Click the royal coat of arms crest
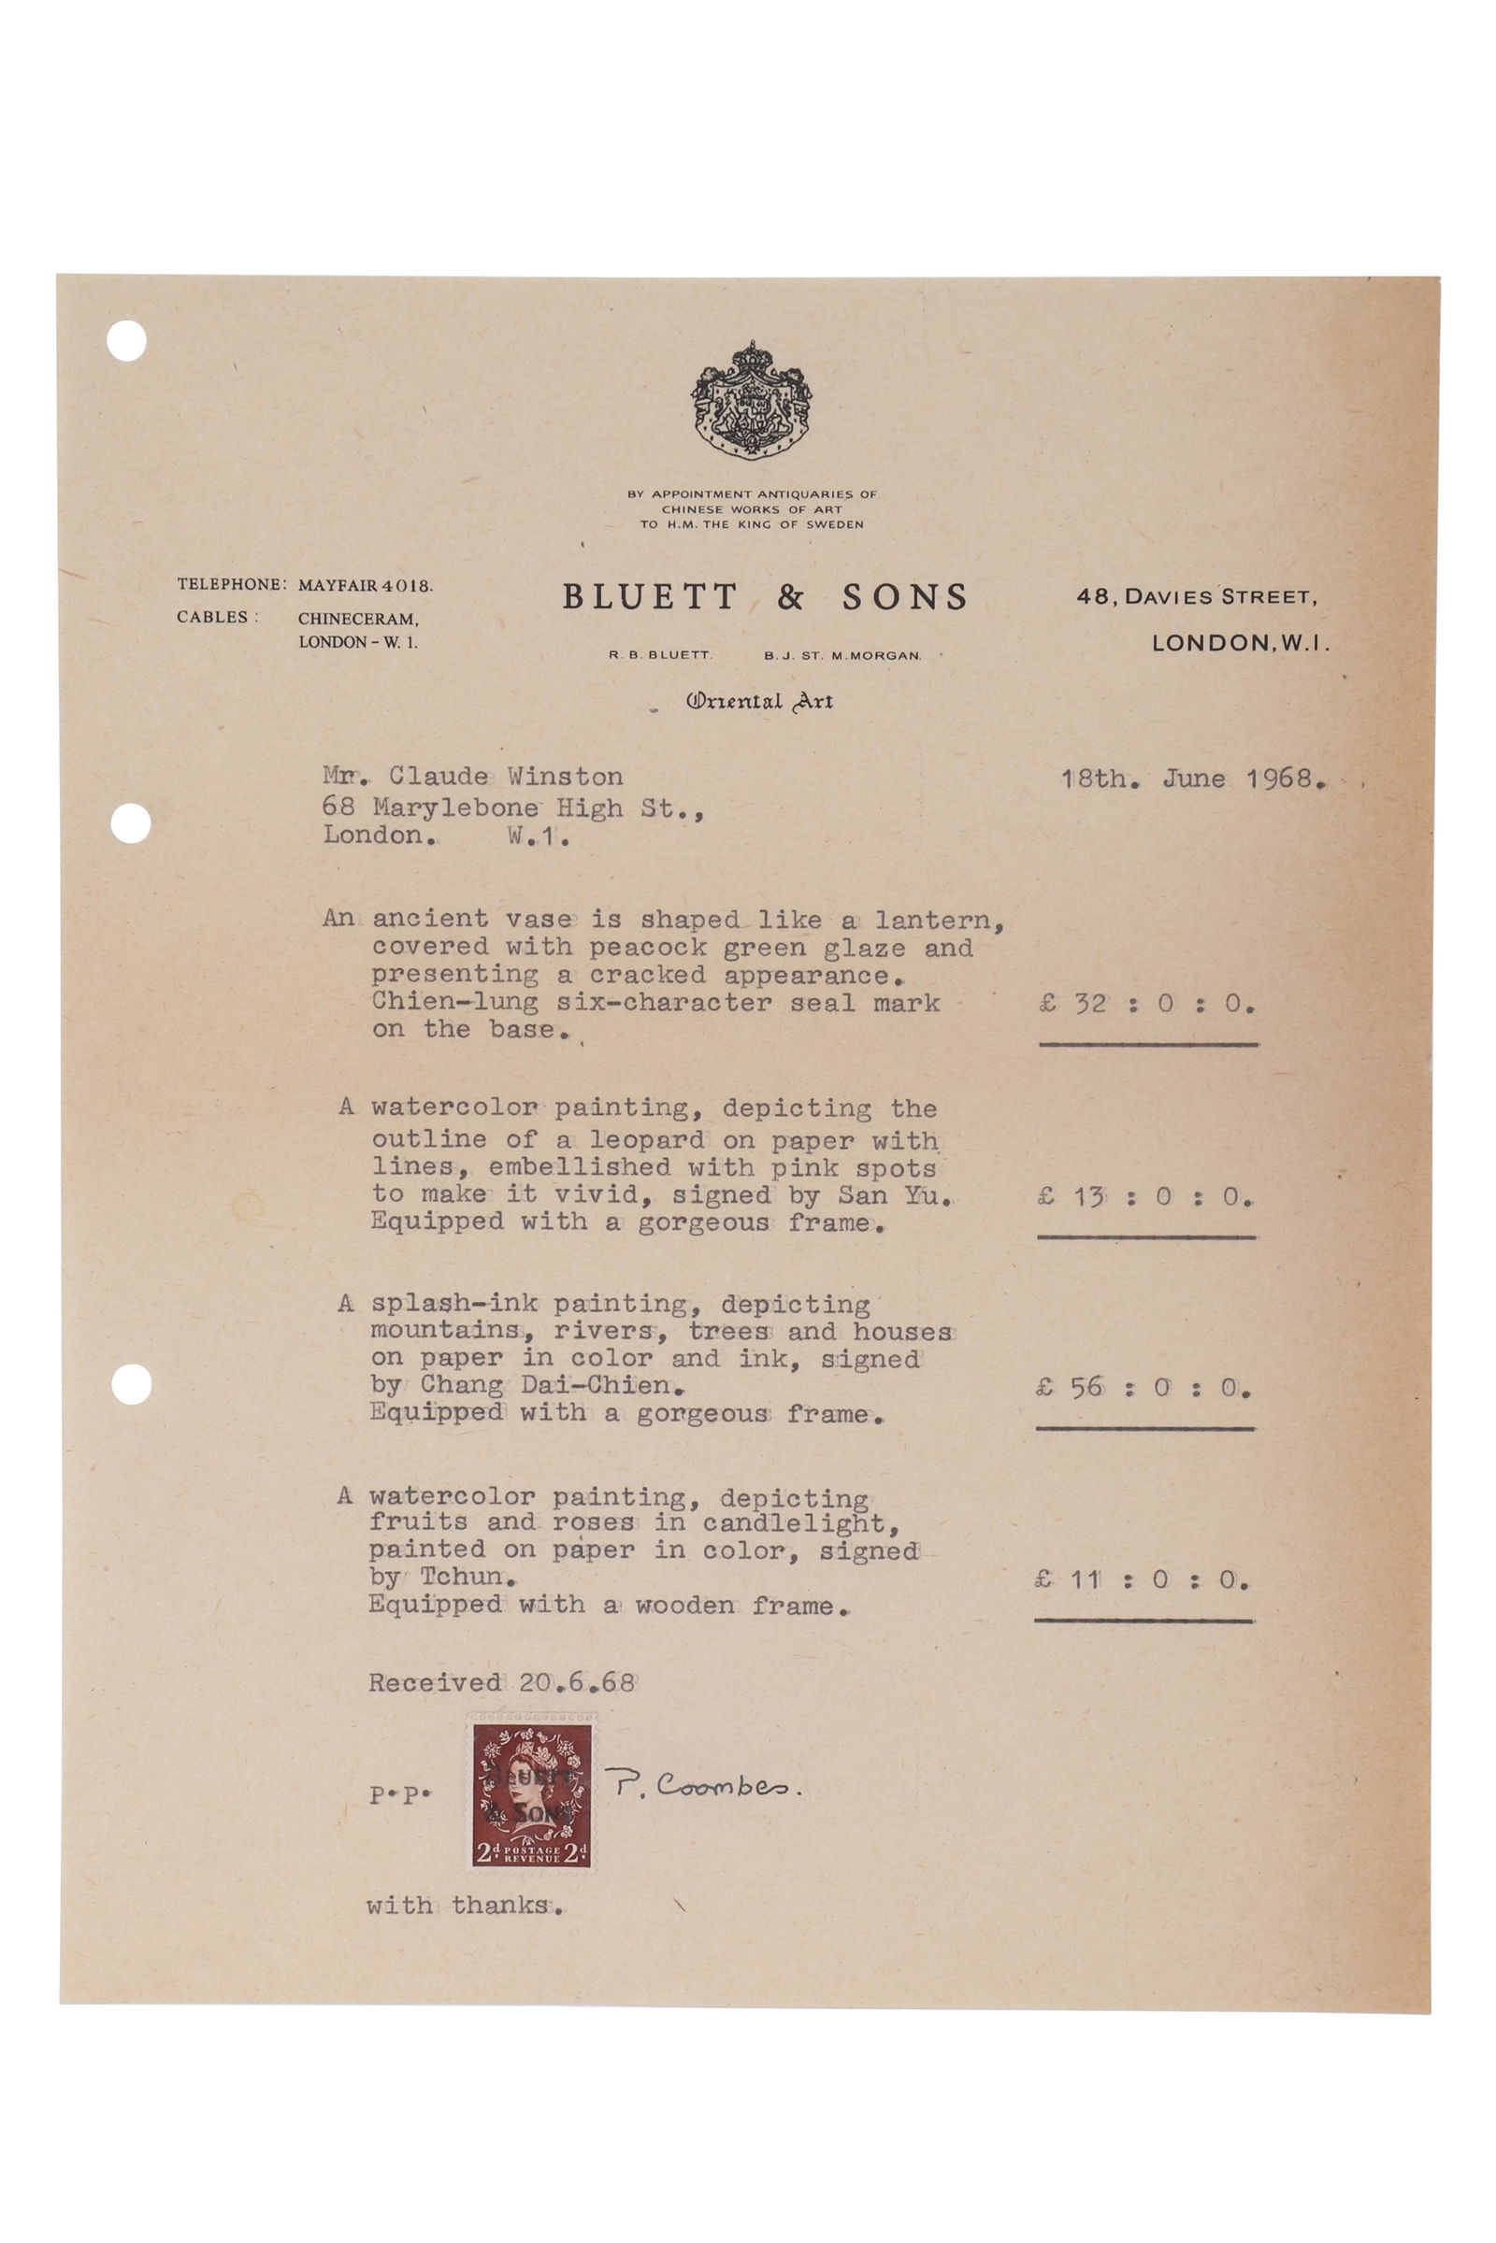[751, 401]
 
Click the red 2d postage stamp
[532, 1795]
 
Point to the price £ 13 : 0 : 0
[1144, 1197]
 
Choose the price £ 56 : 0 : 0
[1143, 1389]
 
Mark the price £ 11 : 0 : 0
[1141, 1580]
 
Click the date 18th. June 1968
[1193, 779]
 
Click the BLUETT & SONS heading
[765, 597]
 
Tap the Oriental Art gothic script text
[759, 701]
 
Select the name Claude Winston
[506, 777]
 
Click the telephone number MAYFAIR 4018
[366, 585]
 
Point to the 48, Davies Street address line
[1198, 597]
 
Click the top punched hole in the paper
[127, 340]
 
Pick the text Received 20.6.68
[502, 1682]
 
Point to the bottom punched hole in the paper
[132, 1384]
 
